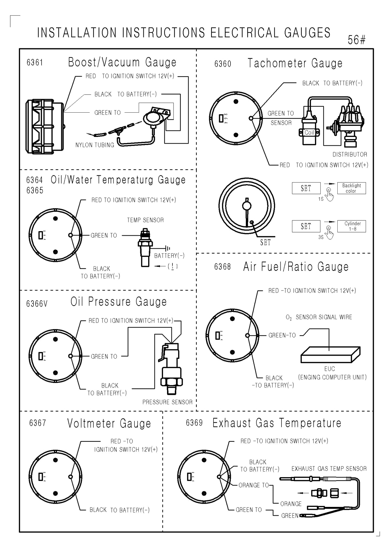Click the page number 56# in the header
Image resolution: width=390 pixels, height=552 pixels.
[x=357, y=40]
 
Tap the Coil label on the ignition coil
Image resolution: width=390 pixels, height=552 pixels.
[x=309, y=132]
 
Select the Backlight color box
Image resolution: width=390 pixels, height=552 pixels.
[x=351, y=188]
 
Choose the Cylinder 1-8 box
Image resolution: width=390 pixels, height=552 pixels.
[x=351, y=226]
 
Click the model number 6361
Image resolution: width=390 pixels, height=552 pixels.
[x=35, y=63]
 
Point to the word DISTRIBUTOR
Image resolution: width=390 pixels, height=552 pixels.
[x=350, y=154]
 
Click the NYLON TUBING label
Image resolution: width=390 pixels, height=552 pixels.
[x=95, y=145]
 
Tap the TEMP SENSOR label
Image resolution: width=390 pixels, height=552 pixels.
[x=145, y=220]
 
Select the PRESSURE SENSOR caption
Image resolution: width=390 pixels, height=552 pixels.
[x=167, y=402]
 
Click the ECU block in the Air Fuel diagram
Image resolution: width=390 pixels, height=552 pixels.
[x=330, y=355]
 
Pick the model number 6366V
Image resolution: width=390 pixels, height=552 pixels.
[x=37, y=304]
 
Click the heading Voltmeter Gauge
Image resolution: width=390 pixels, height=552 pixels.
[x=109, y=423]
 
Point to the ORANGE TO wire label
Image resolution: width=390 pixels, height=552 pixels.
[x=254, y=485]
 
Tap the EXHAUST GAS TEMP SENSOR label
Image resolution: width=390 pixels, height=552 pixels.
[x=329, y=469]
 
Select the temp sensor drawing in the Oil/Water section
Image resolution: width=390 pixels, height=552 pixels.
[x=145, y=247]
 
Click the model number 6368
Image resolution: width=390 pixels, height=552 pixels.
[x=222, y=267]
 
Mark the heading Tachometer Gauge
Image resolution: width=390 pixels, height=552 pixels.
[x=295, y=63]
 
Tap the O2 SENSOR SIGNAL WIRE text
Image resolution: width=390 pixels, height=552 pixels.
[x=319, y=317]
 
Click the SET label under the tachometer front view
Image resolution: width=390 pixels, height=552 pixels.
[x=265, y=243]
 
